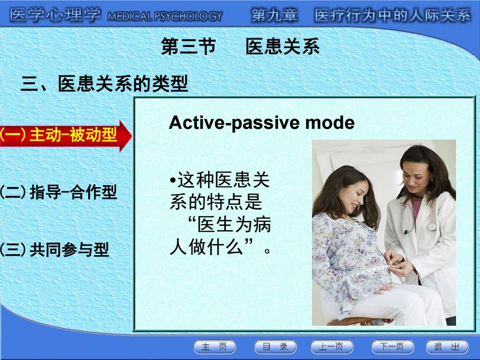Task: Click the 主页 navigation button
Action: click(215, 347)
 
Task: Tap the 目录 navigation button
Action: click(275, 347)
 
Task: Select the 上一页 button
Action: click(332, 347)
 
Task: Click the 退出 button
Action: click(447, 347)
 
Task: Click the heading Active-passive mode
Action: click(262, 123)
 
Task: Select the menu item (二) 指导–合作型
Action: click(58, 192)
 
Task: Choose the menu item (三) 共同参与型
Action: click(54, 249)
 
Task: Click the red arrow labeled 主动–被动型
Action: click(66, 136)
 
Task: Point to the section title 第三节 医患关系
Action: click(240, 47)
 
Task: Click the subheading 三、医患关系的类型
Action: click(104, 84)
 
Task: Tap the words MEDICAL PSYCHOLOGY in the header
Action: click(165, 16)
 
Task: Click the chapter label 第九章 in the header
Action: click(274, 15)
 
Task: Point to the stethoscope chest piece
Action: click(432, 226)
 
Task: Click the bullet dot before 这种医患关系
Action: click(173, 180)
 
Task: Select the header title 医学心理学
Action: click(55, 15)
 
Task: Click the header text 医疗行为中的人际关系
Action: click(393, 15)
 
